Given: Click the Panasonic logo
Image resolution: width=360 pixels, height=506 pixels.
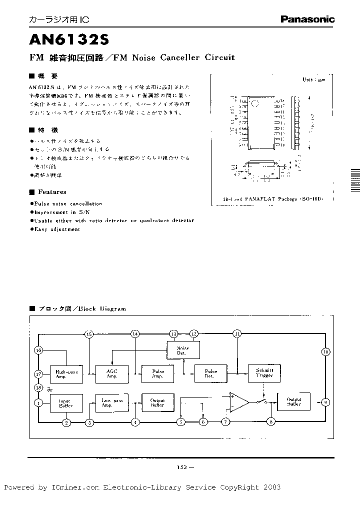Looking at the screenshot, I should click(x=307, y=19).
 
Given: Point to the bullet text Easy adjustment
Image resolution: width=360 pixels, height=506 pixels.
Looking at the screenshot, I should click(x=57, y=229).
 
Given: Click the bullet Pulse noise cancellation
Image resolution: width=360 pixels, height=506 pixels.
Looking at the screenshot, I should click(x=68, y=203).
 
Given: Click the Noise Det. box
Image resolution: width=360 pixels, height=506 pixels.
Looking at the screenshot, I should click(x=182, y=350).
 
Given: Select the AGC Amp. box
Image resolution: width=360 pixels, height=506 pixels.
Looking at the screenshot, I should click(x=112, y=374).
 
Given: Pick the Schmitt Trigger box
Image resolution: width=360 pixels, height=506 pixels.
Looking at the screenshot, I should click(x=264, y=373).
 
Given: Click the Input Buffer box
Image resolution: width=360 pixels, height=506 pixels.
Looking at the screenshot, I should click(x=65, y=403).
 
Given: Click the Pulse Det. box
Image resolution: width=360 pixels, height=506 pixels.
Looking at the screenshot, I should click(x=210, y=374).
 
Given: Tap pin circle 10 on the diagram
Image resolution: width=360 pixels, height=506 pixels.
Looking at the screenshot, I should click(x=325, y=352).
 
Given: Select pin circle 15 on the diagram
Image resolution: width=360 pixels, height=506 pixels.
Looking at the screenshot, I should click(x=89, y=333).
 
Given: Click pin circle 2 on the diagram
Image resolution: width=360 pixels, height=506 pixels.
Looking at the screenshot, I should click(x=66, y=422).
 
